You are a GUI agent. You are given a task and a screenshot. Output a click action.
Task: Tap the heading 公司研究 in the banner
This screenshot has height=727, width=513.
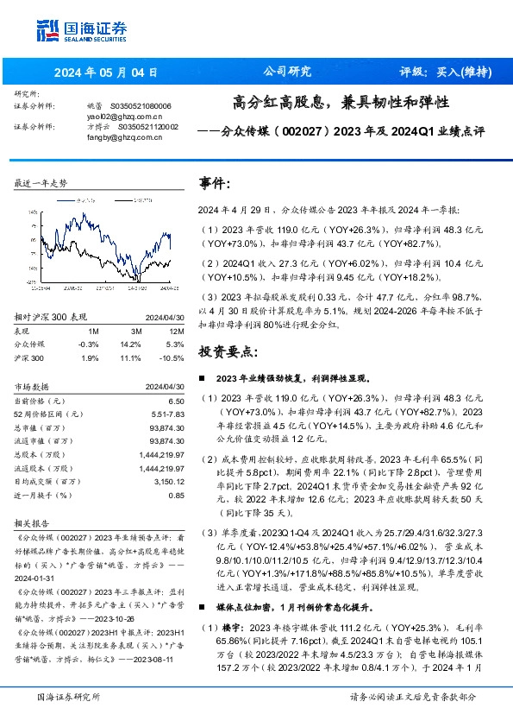click(286, 72)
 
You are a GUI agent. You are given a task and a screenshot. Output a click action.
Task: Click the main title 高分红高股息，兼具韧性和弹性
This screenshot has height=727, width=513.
click(341, 102)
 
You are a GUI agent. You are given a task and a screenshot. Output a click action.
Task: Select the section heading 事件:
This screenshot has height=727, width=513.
click(214, 184)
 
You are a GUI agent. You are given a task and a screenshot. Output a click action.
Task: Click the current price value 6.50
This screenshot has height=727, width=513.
click(177, 401)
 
